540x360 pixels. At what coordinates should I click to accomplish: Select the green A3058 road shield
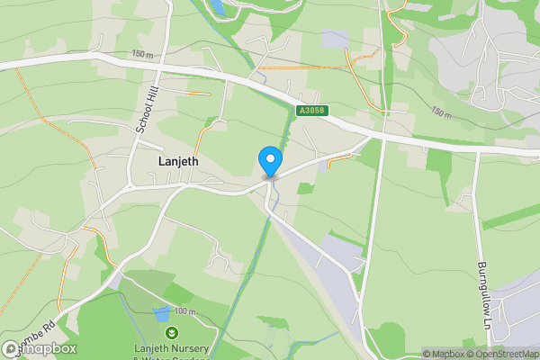point(310,111)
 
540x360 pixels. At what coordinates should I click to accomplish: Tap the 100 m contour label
point(184,310)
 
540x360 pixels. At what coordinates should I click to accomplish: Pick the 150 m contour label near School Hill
point(142,55)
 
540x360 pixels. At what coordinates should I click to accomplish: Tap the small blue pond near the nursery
point(161,313)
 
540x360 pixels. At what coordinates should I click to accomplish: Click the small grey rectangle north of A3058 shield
point(335,40)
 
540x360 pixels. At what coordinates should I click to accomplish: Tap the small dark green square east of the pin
point(306,189)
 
